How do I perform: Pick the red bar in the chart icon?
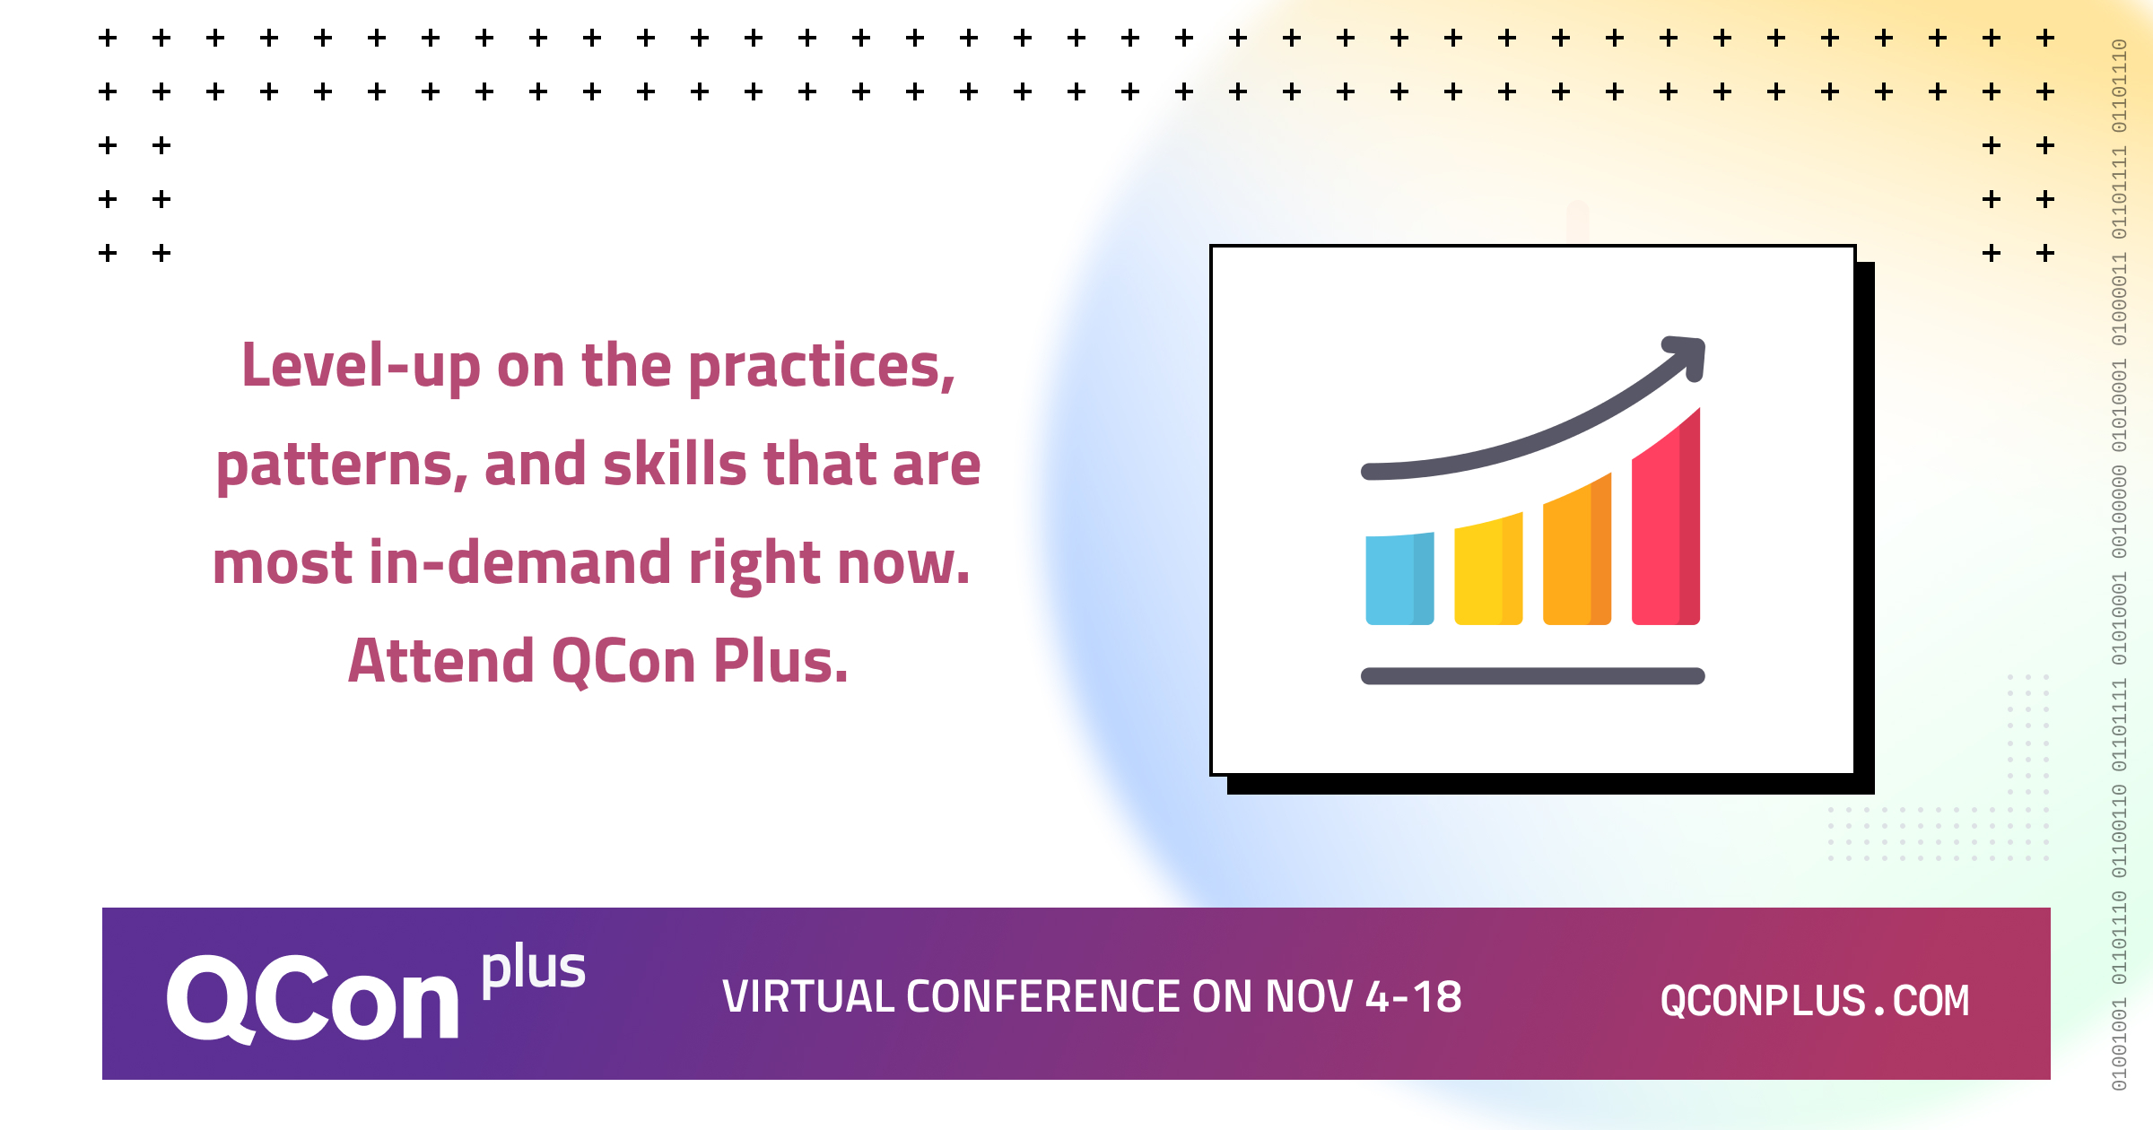(x=1665, y=525)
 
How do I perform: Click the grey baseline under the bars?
(x=1532, y=676)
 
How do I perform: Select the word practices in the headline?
(x=821, y=368)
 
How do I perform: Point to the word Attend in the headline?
(x=440, y=661)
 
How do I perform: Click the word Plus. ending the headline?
(x=780, y=661)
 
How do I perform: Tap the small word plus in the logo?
(x=533, y=969)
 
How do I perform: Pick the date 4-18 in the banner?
(x=1413, y=997)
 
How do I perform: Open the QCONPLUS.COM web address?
(x=1814, y=1000)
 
